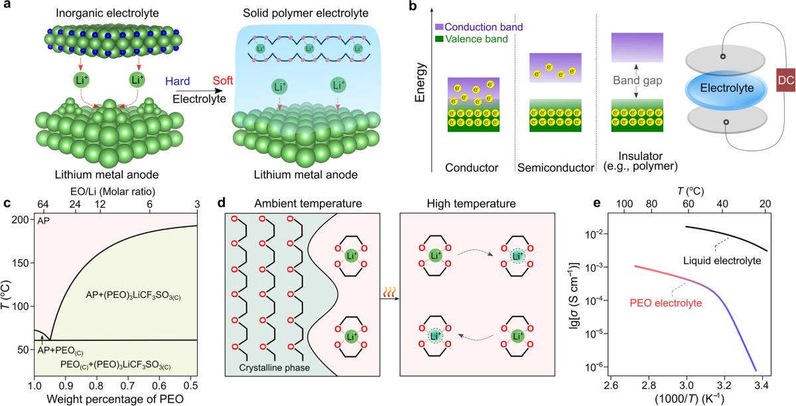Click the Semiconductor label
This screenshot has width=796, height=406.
click(555, 169)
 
